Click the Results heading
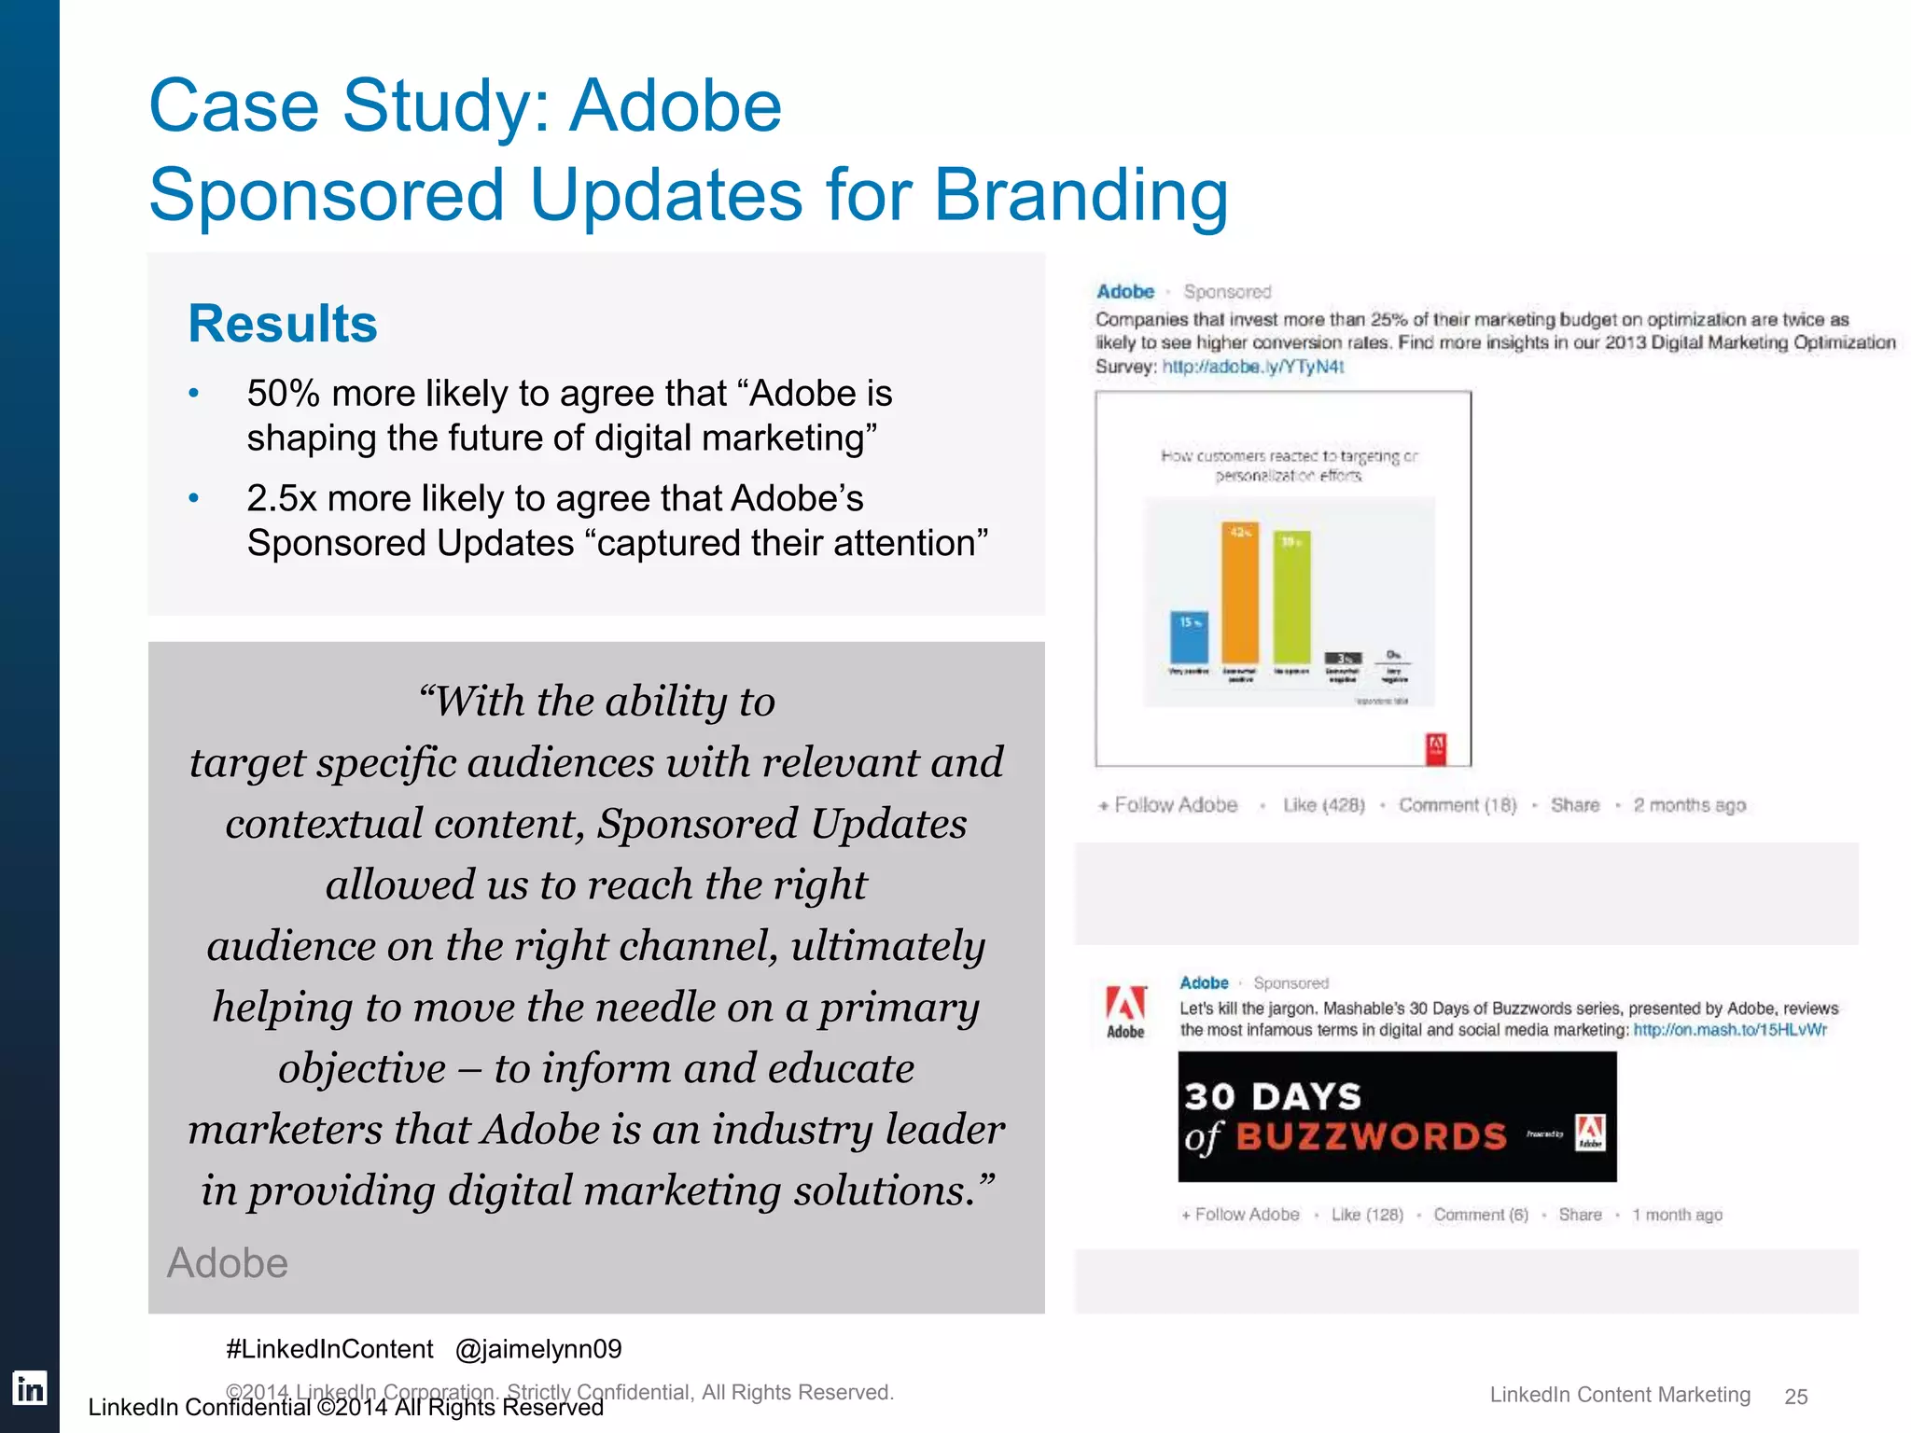pos(282,324)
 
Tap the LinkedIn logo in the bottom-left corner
pos(30,1388)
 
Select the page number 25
pos(1795,1397)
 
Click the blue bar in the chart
pos(1189,637)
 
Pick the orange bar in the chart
pos(1240,593)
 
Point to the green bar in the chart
pos(1291,597)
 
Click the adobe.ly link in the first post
pos(1252,367)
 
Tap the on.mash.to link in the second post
pos(1729,1030)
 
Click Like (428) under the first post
pos(1323,805)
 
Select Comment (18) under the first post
pos(1457,805)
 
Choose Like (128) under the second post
pos(1367,1215)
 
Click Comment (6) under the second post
pos(1481,1215)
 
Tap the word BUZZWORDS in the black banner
pos(1371,1136)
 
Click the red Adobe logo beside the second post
pos(1125,1005)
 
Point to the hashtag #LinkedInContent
pos(329,1349)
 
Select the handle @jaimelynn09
pos(538,1349)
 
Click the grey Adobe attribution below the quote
pos(228,1263)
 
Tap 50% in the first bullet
pos(283,394)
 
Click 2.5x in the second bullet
pos(282,499)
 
